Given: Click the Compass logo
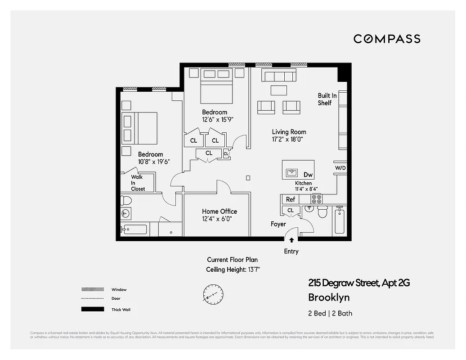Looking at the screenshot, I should (x=387, y=39).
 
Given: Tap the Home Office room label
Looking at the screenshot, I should (x=220, y=211).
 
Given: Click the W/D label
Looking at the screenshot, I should (x=340, y=168).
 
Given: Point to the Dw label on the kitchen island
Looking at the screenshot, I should (x=308, y=175).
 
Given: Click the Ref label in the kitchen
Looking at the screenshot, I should (x=291, y=199).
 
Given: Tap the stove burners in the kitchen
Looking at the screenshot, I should (x=317, y=199).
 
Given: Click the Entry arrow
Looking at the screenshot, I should (x=291, y=241).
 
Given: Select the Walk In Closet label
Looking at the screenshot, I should (x=137, y=183).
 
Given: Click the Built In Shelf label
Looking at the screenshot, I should (x=327, y=99).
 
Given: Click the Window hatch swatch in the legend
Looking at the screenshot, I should (x=92, y=289).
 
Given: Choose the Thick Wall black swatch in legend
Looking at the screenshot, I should (x=92, y=309).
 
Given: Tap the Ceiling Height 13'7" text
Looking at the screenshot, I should (x=233, y=270).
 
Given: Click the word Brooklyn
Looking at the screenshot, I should (x=328, y=297).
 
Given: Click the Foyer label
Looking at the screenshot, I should (x=278, y=224).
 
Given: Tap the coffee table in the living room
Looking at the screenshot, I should (x=278, y=90).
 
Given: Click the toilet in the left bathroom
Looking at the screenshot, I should (x=125, y=201).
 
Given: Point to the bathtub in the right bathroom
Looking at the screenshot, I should (x=340, y=221).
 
